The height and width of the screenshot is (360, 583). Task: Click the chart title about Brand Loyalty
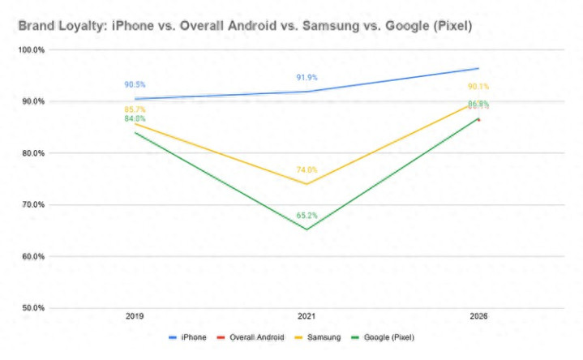pyautogui.click(x=245, y=27)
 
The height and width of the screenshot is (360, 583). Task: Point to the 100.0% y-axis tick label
pyautogui.click(x=32, y=50)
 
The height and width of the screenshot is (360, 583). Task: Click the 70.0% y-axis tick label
pyautogui.click(x=32, y=205)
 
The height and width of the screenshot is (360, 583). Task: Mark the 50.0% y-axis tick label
pyautogui.click(x=32, y=308)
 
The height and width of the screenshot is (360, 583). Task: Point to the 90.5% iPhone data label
pyautogui.click(x=135, y=84)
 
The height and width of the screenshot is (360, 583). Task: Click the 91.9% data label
pyautogui.click(x=307, y=78)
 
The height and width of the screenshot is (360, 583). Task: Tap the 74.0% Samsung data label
pyautogui.click(x=307, y=170)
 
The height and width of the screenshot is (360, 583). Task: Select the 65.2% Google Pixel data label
pyautogui.click(x=307, y=216)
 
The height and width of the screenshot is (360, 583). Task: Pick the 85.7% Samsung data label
pyautogui.click(x=135, y=109)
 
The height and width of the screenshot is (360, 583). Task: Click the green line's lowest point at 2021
pyautogui.click(x=307, y=229)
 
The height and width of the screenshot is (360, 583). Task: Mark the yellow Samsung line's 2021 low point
pyautogui.click(x=307, y=184)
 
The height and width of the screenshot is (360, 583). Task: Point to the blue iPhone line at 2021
pyautogui.click(x=307, y=92)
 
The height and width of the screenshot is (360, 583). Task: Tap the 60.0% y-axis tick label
pyautogui.click(x=32, y=256)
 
